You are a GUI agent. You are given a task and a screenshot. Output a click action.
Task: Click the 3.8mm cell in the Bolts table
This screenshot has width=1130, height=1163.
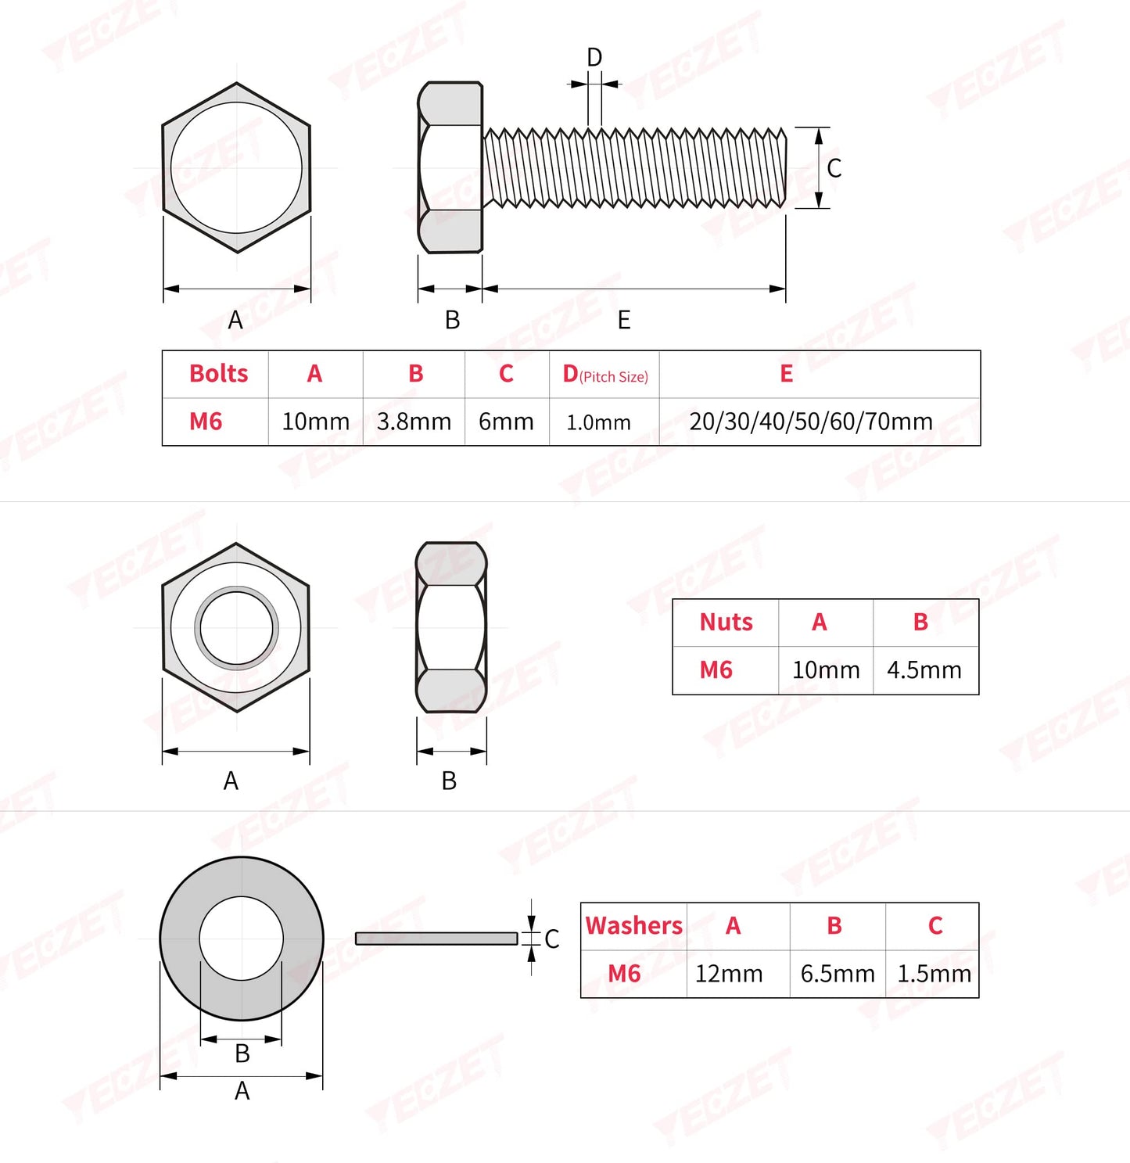click(x=414, y=422)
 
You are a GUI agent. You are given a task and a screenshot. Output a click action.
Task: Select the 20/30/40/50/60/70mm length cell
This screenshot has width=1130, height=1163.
click(x=811, y=422)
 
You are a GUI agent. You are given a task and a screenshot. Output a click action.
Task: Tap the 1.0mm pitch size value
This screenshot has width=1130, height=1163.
click(x=598, y=422)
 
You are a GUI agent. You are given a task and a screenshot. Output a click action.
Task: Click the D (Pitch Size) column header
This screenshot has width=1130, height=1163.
click(x=604, y=375)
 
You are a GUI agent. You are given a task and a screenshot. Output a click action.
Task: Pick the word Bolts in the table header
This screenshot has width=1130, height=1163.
click(x=218, y=374)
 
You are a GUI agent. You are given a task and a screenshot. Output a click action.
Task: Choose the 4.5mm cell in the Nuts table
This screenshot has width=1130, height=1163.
click(x=924, y=670)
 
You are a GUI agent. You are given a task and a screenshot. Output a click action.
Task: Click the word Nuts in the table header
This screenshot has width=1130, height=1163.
click(x=726, y=623)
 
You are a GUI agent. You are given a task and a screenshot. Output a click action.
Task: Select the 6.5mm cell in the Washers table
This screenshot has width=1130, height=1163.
click(x=837, y=974)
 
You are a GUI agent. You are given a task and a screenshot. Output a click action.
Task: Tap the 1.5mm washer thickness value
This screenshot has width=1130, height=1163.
click(x=934, y=974)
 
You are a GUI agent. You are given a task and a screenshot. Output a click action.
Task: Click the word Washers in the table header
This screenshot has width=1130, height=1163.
click(x=633, y=926)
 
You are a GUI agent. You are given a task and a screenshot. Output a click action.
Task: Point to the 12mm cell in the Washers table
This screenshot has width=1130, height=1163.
click(x=729, y=974)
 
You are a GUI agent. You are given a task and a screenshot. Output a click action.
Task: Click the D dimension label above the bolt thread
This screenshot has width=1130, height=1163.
click(x=594, y=58)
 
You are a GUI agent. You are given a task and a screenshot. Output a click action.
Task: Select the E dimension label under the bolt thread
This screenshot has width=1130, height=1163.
click(x=623, y=320)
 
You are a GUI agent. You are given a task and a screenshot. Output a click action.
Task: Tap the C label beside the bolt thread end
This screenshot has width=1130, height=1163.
click(x=834, y=168)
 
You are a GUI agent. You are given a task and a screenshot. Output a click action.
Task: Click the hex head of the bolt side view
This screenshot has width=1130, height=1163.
click(x=450, y=168)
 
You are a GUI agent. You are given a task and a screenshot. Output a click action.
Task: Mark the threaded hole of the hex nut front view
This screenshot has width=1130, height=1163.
click(x=236, y=628)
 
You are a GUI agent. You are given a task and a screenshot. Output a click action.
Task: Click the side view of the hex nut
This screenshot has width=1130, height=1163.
click(x=450, y=628)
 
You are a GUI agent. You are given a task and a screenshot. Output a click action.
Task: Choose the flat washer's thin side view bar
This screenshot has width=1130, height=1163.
click(x=436, y=939)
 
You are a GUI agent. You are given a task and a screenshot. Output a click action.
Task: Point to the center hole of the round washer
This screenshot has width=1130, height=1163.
click(x=241, y=939)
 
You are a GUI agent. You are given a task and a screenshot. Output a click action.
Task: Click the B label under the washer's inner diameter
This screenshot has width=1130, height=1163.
click(x=242, y=1054)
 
